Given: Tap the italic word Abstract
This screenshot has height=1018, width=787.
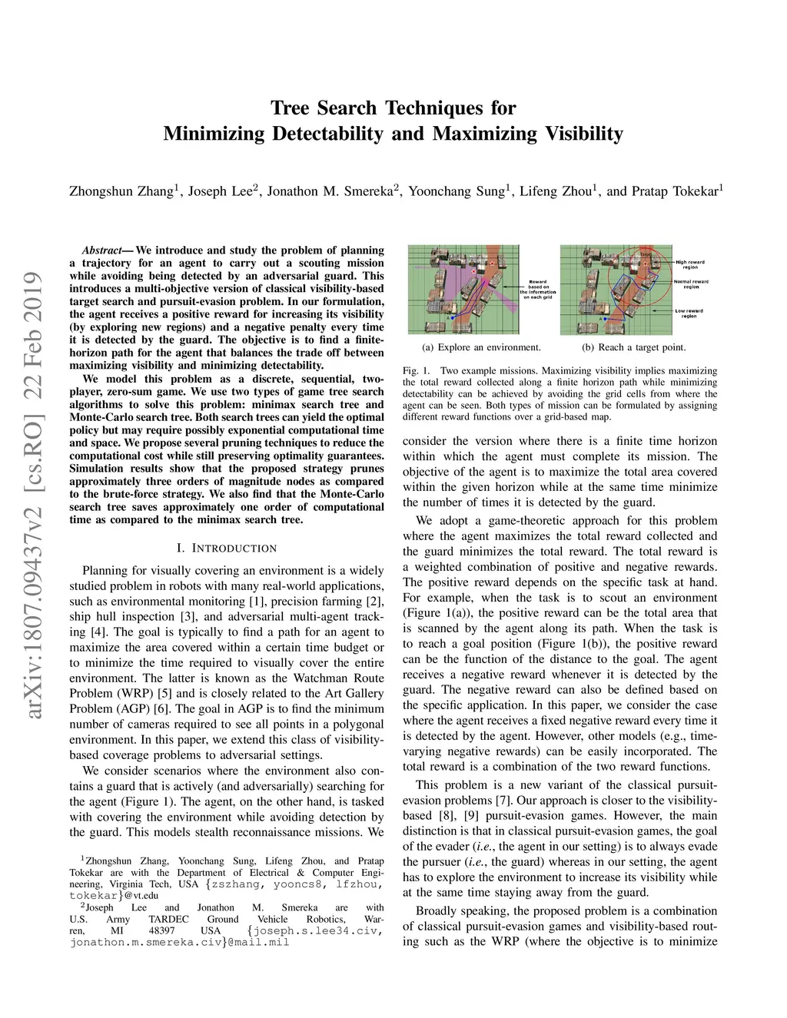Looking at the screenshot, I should pyautogui.click(x=101, y=250).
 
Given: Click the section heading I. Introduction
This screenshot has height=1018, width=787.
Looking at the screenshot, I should pyautogui.click(x=226, y=549).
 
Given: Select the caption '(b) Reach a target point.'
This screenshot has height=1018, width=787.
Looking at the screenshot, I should pyautogui.click(x=633, y=347).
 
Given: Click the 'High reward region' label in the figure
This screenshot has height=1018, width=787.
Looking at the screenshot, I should pyautogui.click(x=689, y=264).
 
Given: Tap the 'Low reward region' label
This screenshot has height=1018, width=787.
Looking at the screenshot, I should pyautogui.click(x=689, y=313).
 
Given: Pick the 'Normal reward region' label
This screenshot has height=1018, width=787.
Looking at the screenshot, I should pyautogui.click(x=690, y=284).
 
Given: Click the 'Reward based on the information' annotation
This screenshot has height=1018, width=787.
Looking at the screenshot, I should pyautogui.click(x=535, y=289).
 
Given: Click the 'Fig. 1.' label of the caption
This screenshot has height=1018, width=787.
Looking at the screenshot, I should pyautogui.click(x=416, y=371).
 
